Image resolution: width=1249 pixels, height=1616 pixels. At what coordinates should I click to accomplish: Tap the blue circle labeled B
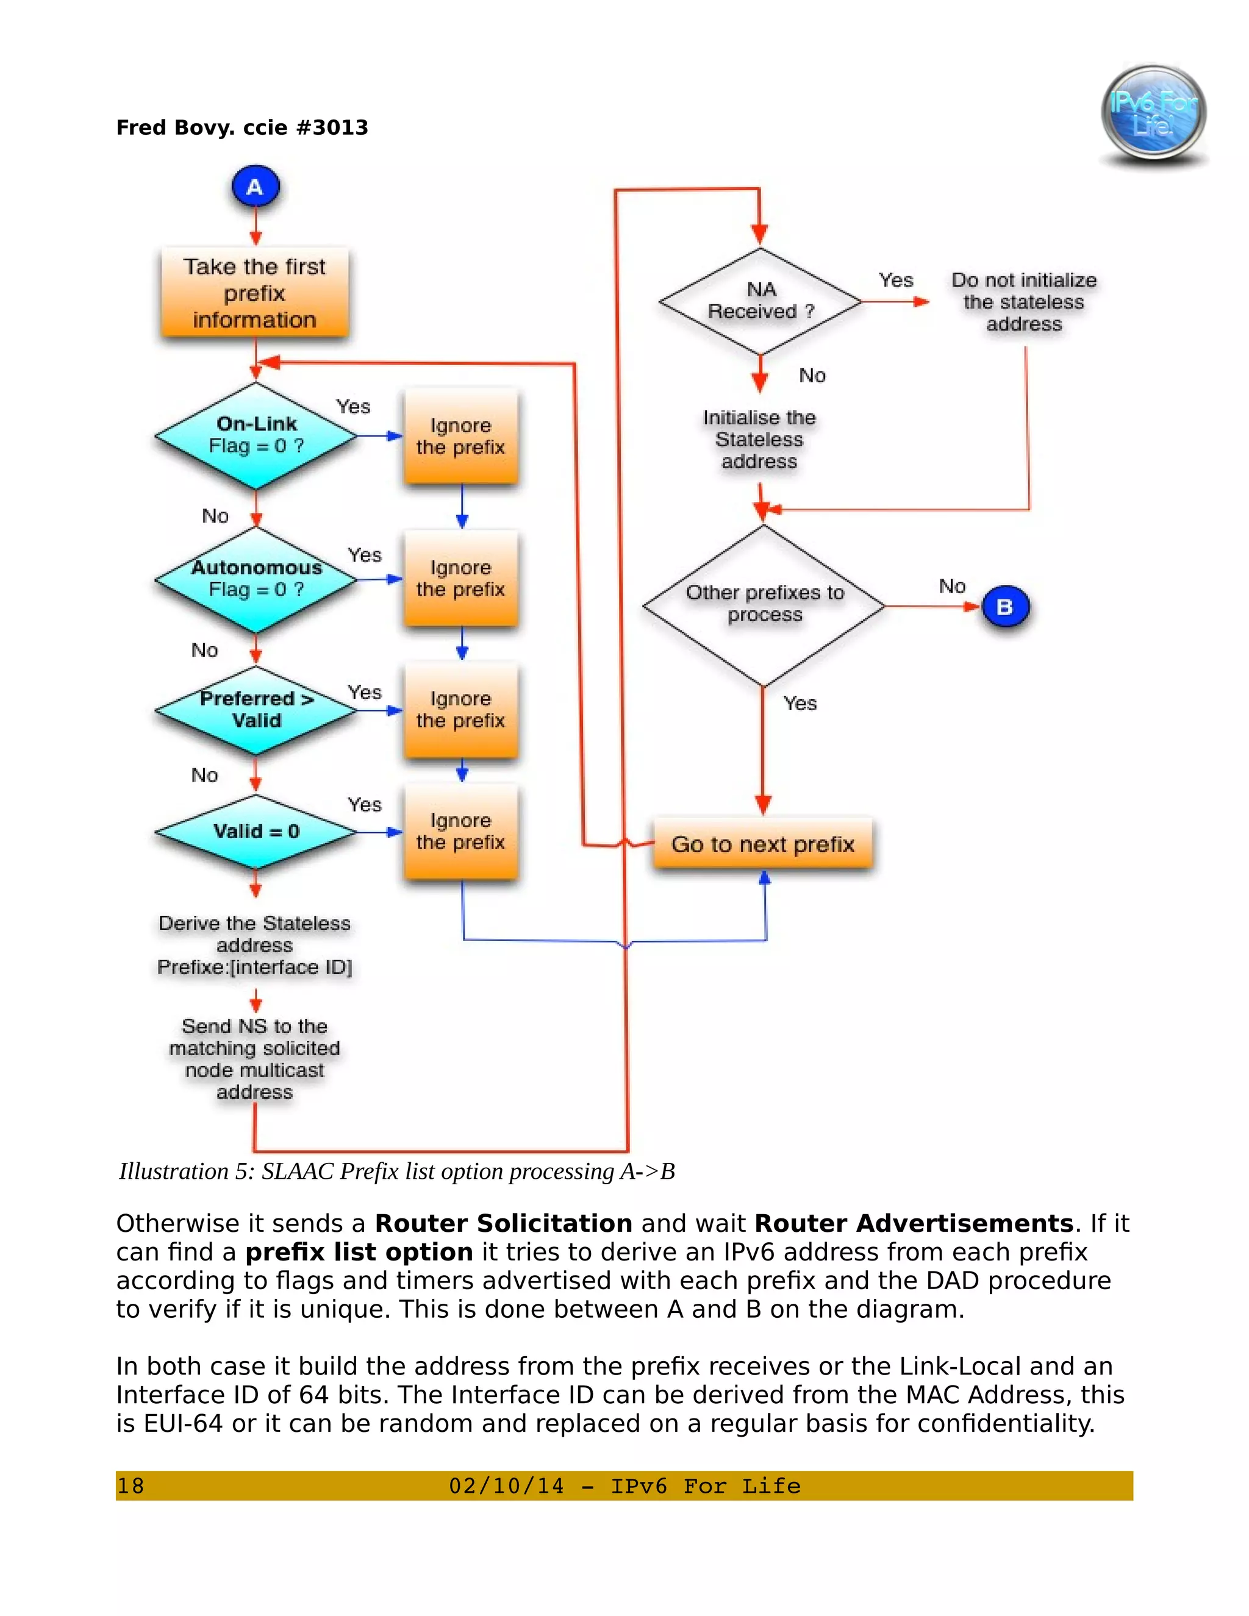tap(1005, 607)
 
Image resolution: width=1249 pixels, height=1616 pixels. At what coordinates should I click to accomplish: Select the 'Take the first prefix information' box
tap(254, 293)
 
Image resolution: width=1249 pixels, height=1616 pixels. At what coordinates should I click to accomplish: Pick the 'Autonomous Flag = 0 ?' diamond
tap(256, 579)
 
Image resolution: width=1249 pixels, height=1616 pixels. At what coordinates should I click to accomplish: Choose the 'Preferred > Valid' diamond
tap(256, 710)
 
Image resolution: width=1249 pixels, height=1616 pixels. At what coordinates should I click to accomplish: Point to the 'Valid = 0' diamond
tap(256, 831)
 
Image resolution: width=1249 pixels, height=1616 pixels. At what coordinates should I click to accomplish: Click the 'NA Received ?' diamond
tap(760, 301)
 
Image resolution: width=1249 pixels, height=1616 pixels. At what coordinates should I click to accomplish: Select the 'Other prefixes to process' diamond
tap(764, 604)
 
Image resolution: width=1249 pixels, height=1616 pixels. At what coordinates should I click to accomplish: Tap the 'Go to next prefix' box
tap(763, 844)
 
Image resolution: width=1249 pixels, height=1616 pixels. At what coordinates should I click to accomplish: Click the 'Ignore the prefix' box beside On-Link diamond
tap(460, 437)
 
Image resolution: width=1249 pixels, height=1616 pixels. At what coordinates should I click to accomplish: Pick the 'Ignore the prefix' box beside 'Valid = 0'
tap(460, 832)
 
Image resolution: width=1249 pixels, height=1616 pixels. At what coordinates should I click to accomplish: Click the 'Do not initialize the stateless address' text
tap(1023, 302)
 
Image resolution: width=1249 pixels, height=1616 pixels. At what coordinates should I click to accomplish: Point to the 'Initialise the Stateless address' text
tap(759, 440)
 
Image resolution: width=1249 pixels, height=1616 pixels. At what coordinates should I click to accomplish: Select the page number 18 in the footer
tap(131, 1486)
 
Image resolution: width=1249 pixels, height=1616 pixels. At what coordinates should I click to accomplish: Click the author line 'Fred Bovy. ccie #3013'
tap(242, 128)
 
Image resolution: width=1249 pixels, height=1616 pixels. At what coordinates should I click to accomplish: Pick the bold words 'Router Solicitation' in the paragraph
tap(503, 1223)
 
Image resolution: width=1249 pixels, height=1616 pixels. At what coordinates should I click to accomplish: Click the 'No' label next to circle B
tap(951, 587)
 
